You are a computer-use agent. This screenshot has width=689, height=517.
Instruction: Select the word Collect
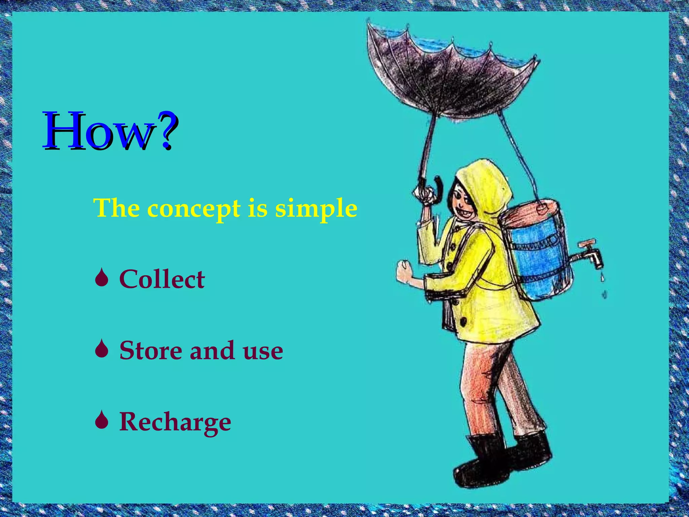pyautogui.click(x=162, y=279)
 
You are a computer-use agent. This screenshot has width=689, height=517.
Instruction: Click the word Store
pyautogui.click(x=150, y=350)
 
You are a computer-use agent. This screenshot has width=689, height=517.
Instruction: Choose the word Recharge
pyautogui.click(x=175, y=422)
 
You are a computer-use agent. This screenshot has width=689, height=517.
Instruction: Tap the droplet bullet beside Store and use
pyautogui.click(x=101, y=350)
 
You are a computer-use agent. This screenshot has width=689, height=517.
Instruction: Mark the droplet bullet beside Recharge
pyautogui.click(x=101, y=421)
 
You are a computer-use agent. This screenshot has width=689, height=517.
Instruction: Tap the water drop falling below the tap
pyautogui.click(x=603, y=278)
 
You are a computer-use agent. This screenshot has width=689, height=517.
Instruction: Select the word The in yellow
pyautogui.click(x=116, y=209)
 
